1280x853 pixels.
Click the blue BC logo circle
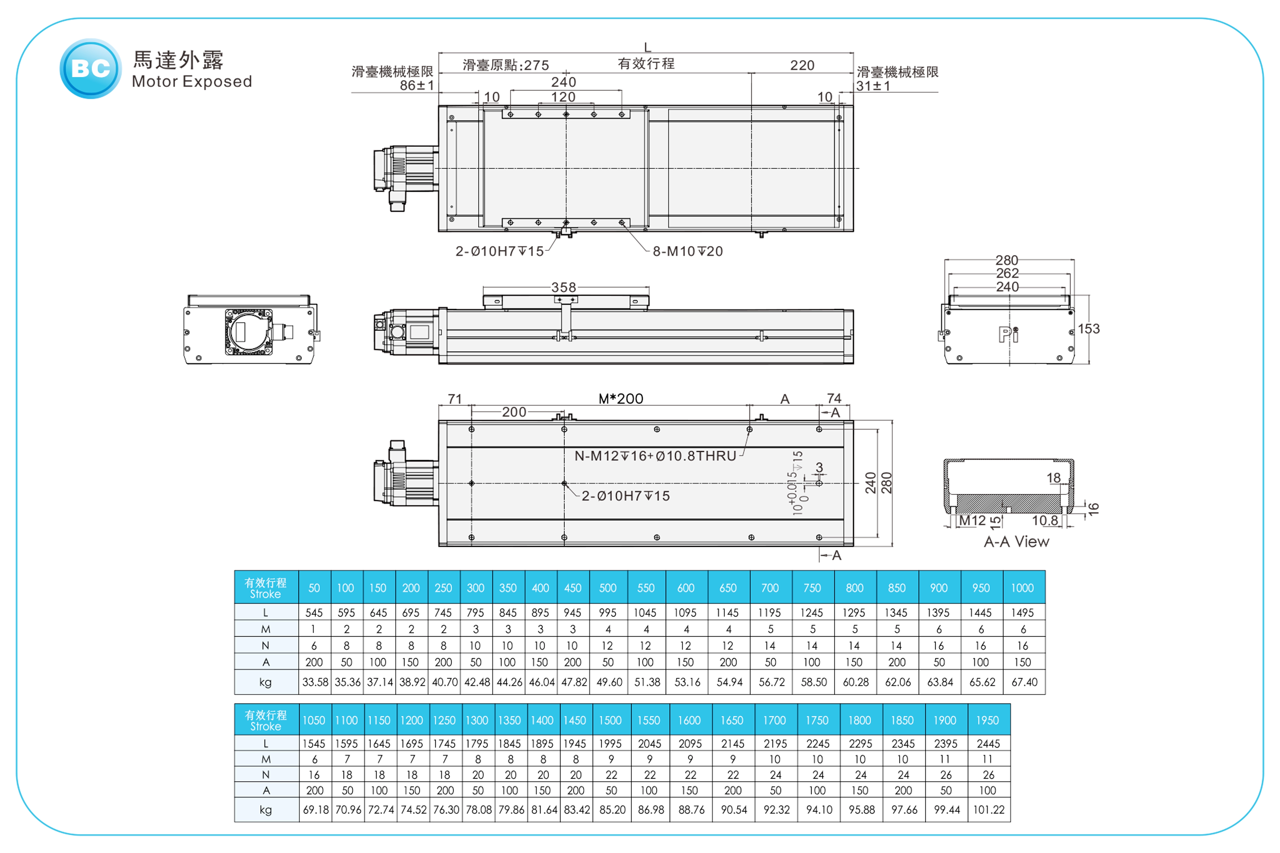pyautogui.click(x=90, y=69)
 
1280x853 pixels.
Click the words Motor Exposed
pyautogui.click(x=191, y=82)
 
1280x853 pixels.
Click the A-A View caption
pyautogui.click(x=1016, y=542)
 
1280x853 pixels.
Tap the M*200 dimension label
pyautogui.click(x=620, y=399)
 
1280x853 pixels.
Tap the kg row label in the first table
pyautogui.click(x=266, y=682)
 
